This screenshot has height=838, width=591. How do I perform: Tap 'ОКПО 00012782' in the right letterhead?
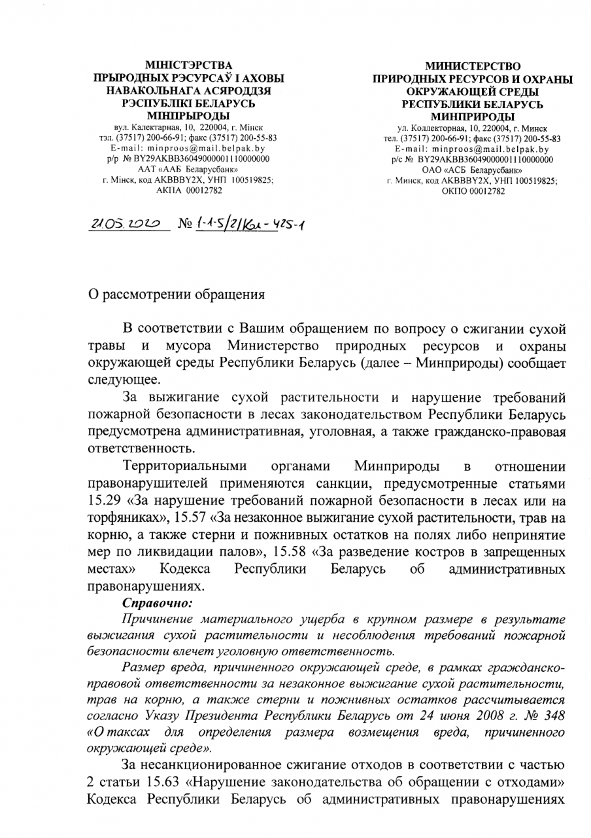click(473, 191)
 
